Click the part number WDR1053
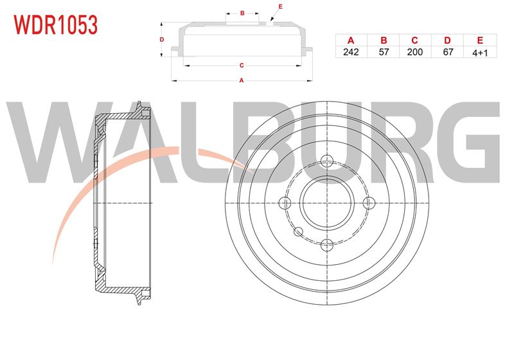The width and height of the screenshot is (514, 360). [x=56, y=25]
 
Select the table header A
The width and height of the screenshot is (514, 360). [x=351, y=40]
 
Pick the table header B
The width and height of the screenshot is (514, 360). [x=384, y=40]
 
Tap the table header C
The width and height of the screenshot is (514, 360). [x=414, y=40]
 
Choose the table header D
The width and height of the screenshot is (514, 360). [x=447, y=40]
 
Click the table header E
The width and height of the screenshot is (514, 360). [x=480, y=40]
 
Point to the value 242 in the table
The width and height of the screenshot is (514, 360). [x=351, y=52]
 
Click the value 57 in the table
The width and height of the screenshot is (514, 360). [x=384, y=52]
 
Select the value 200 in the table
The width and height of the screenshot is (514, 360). [x=414, y=52]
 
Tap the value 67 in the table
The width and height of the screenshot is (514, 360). [x=448, y=52]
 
